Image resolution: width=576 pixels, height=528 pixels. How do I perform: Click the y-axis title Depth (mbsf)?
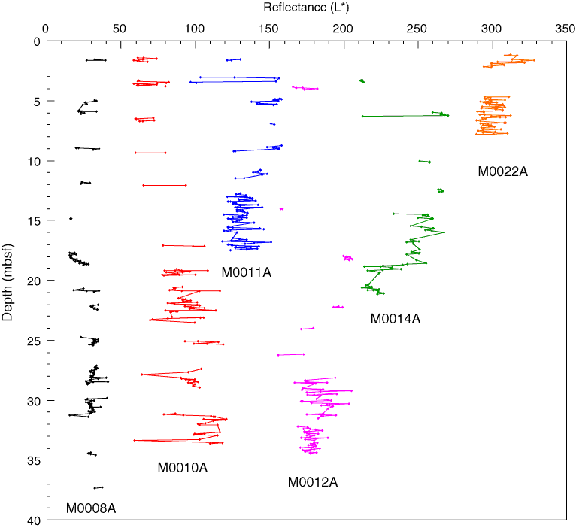pos(8,281)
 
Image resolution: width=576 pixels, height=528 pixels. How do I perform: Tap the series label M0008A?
pos(91,508)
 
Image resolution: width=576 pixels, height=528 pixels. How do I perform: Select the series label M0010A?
pos(182,468)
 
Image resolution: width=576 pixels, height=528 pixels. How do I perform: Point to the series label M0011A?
pos(246,272)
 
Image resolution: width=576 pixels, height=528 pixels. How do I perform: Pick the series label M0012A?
pos(313,482)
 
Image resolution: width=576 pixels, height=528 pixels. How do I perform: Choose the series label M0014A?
pos(395,319)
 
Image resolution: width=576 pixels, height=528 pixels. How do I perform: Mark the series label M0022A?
pos(503,171)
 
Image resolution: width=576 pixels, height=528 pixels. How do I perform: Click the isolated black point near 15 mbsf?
pos(71,219)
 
